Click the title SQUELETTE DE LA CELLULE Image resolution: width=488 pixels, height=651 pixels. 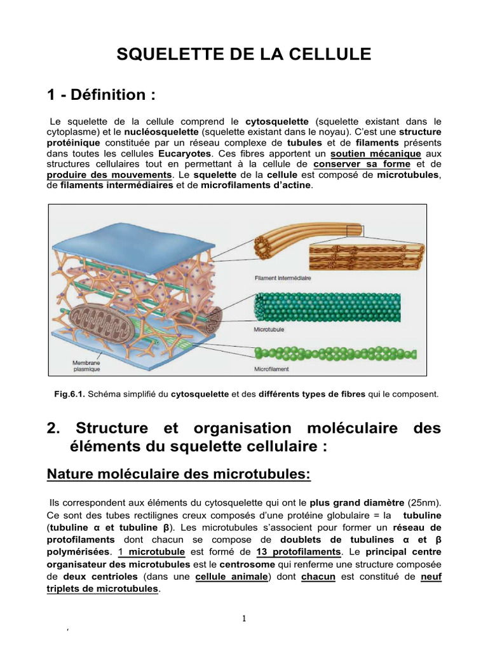click(243, 55)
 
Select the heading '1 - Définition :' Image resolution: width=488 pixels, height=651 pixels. click(101, 95)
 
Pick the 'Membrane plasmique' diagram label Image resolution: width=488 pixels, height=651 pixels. click(86, 364)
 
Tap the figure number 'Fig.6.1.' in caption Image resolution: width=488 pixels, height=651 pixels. click(70, 394)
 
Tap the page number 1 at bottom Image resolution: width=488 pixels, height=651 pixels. click(244, 620)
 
